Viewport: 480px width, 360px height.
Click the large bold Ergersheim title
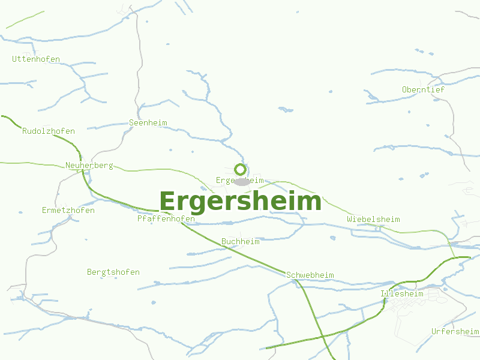[x=240, y=202]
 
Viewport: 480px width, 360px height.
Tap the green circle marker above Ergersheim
[x=240, y=169]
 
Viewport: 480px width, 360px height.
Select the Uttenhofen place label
[x=36, y=59]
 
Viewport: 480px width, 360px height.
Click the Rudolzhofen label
[x=49, y=131]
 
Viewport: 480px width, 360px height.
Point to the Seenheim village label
[x=148, y=123]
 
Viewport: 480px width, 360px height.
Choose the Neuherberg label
[x=89, y=166]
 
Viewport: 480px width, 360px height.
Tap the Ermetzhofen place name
[x=68, y=211]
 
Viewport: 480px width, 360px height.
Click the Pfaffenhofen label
[x=166, y=219]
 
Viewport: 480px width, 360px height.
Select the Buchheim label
[x=241, y=242]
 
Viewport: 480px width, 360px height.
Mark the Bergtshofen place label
[x=113, y=272]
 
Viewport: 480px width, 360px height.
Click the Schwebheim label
[x=310, y=275]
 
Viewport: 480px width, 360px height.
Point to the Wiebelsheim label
[x=373, y=220]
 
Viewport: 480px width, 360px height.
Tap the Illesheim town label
[x=402, y=294]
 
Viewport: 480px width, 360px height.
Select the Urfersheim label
[x=455, y=332]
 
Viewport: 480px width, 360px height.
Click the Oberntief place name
[x=424, y=90]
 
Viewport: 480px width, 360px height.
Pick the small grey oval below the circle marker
[x=242, y=181]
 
